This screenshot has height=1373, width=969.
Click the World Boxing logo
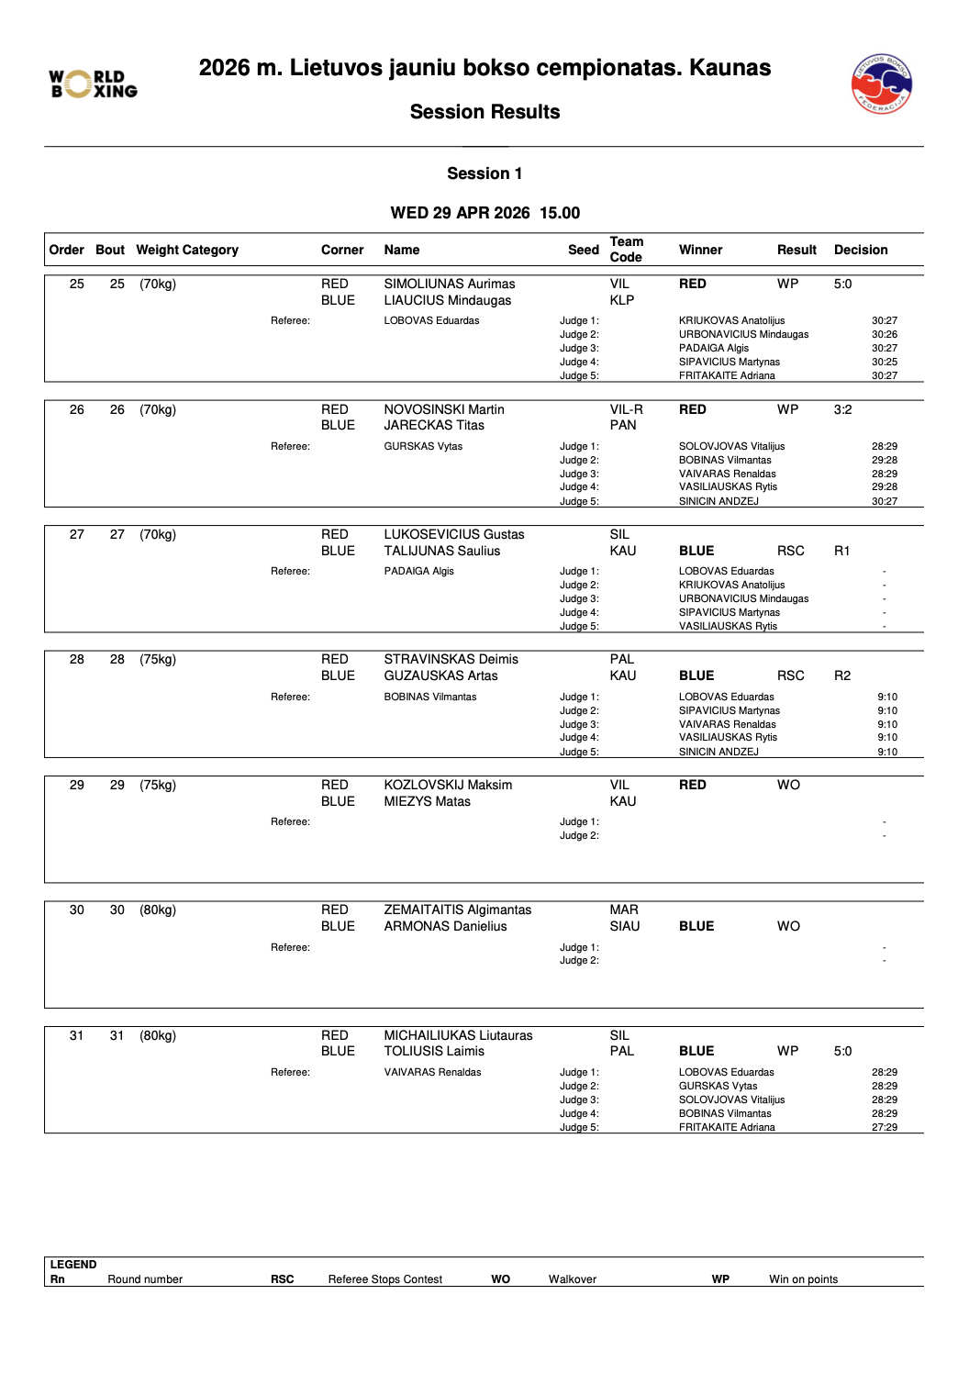coord(94,84)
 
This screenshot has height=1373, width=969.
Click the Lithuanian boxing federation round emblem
coord(881,84)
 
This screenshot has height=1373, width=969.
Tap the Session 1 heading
coord(484,173)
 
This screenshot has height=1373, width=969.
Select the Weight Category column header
coord(187,250)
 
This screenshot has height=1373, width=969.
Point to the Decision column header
coord(860,250)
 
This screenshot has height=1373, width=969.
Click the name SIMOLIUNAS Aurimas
coord(450,284)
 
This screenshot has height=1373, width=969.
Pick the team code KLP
coord(622,300)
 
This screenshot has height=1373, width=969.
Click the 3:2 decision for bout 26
coord(842,409)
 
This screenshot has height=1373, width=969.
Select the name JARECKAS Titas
coord(434,425)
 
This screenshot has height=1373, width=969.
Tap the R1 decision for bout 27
coord(841,551)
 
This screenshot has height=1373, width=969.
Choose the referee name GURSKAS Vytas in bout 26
coord(423,446)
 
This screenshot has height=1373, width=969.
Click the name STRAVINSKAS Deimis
coord(451,659)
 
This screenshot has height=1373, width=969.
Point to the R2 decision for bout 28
coord(841,675)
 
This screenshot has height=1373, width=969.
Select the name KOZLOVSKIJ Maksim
coord(448,785)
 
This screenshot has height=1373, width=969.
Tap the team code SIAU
coord(625,926)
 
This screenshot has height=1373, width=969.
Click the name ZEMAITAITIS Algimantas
coord(457,910)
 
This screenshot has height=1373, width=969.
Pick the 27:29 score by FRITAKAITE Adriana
coord(885,1127)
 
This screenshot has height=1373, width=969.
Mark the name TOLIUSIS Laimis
coord(434,1051)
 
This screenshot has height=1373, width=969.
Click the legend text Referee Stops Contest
coord(384,1279)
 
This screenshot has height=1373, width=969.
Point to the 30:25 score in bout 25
coord(885,362)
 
